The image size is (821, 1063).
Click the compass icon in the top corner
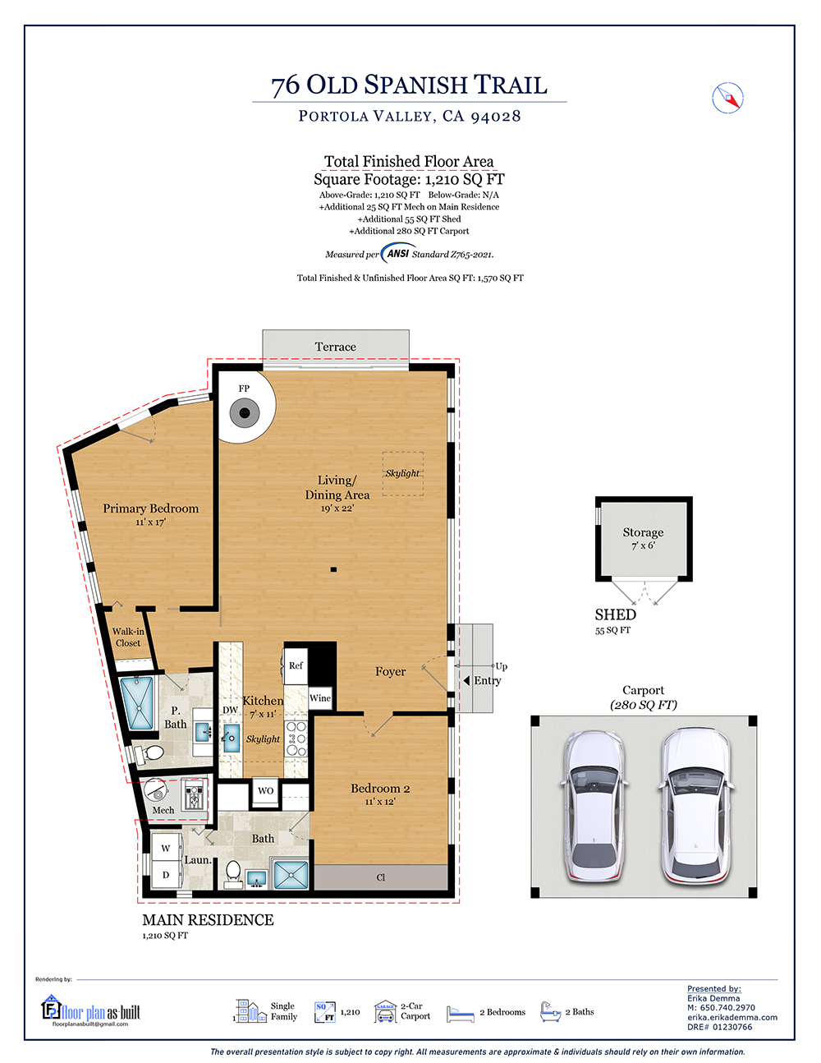pyautogui.click(x=727, y=98)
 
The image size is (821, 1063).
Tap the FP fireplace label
pyautogui.click(x=244, y=389)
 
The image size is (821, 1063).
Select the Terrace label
pyautogui.click(x=335, y=347)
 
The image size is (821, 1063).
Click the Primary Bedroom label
pyautogui.click(x=150, y=508)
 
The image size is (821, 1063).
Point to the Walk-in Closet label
pyautogui.click(x=128, y=637)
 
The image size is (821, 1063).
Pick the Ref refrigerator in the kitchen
pyautogui.click(x=296, y=665)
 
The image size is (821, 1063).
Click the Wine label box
pyautogui.click(x=320, y=698)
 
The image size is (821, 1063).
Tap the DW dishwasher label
pyautogui.click(x=230, y=710)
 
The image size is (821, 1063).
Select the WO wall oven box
pyautogui.click(x=265, y=791)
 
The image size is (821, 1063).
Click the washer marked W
pyautogui.click(x=166, y=848)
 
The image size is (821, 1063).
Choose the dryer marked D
pyautogui.click(x=166, y=875)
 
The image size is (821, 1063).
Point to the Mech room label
pyautogui.click(x=163, y=810)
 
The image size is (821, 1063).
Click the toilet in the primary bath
pyautogui.click(x=149, y=753)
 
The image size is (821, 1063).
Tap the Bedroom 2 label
pyautogui.click(x=380, y=789)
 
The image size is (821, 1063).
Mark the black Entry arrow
pyautogui.click(x=466, y=680)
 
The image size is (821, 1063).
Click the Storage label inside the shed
pyautogui.click(x=643, y=531)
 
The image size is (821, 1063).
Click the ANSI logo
pyautogui.click(x=398, y=253)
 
